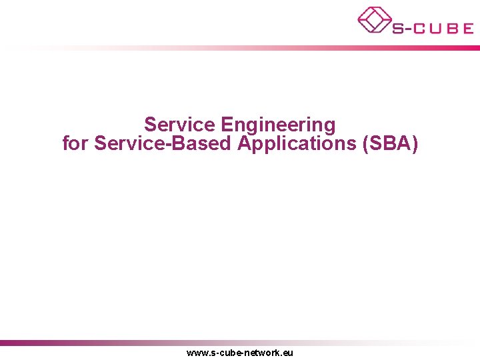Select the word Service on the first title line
pos(180,125)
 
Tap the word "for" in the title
pos(75,143)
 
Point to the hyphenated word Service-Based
pos(163,143)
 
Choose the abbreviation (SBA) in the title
pos(389,143)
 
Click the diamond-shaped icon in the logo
pos(374,19)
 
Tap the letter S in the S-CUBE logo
pos(398,28)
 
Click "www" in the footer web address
pos(198,353)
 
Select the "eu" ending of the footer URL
pos(288,353)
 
